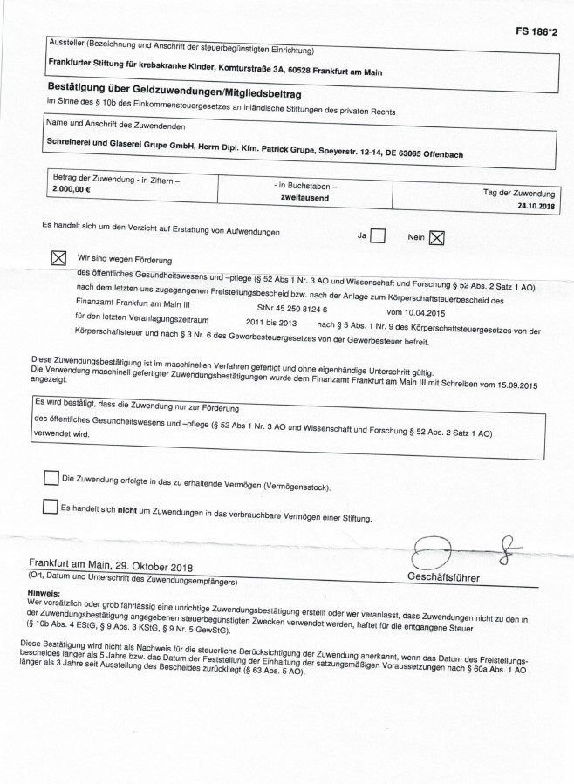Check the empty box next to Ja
378,236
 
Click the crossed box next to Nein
437,237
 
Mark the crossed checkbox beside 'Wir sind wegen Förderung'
59,259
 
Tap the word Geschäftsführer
443,577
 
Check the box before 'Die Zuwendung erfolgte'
51,477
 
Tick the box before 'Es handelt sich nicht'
50,507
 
